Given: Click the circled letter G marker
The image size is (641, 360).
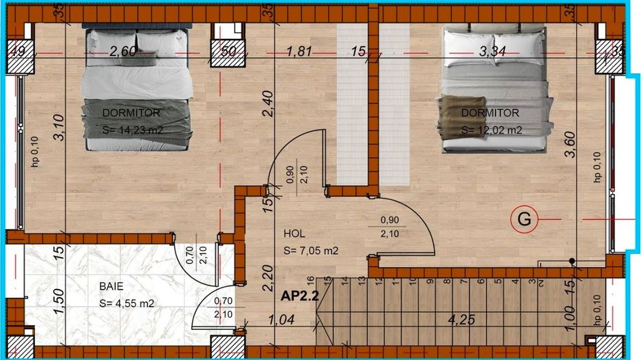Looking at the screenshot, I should coord(524,219).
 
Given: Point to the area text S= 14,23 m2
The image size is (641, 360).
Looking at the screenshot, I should coord(133,128).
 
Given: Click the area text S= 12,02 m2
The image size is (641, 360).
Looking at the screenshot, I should coord(491,130).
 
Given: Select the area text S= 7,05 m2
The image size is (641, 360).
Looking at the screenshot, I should coord(311,251).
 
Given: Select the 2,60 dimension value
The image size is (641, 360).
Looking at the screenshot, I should coord(123,51).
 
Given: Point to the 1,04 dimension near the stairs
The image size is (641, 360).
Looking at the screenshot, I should coord(282,320).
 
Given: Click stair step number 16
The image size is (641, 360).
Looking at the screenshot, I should coord(310,280).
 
